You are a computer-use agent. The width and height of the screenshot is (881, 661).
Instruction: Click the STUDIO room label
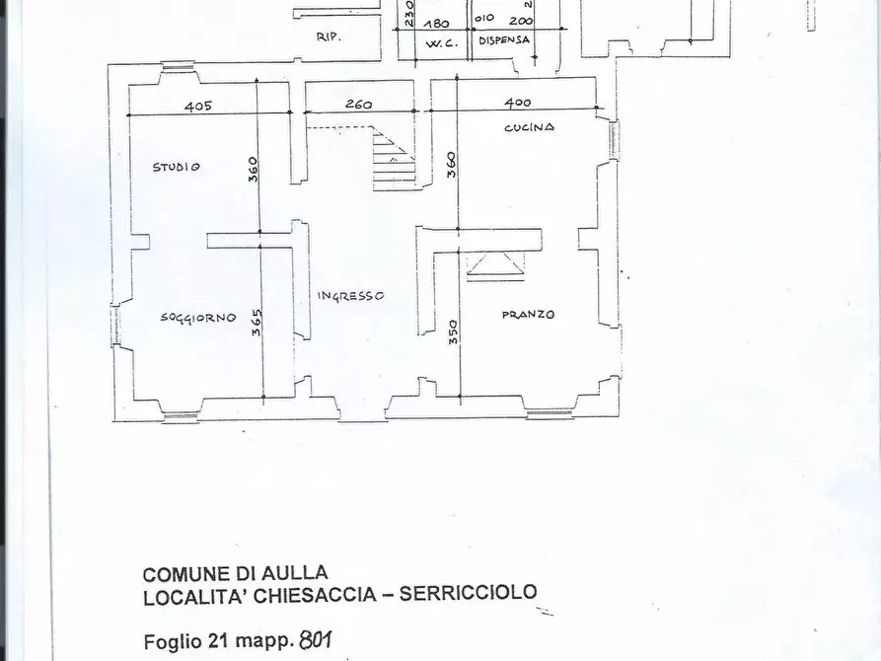click(177, 167)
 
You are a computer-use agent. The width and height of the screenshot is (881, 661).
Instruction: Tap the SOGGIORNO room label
click(198, 318)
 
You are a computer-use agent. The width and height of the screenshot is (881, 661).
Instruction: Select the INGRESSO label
click(349, 296)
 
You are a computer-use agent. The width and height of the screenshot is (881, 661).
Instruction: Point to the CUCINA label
click(529, 127)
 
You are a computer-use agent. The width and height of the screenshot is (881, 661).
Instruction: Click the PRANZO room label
click(528, 315)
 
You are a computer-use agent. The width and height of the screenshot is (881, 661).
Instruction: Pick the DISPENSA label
click(504, 40)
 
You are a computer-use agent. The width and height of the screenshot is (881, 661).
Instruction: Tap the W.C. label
click(438, 42)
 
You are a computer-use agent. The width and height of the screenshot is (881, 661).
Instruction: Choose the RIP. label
click(329, 37)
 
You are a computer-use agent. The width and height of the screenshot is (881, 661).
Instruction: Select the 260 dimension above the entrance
click(358, 105)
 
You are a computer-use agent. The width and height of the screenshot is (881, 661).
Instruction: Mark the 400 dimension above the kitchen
click(517, 103)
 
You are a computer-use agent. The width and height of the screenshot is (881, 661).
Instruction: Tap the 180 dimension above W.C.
click(436, 23)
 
